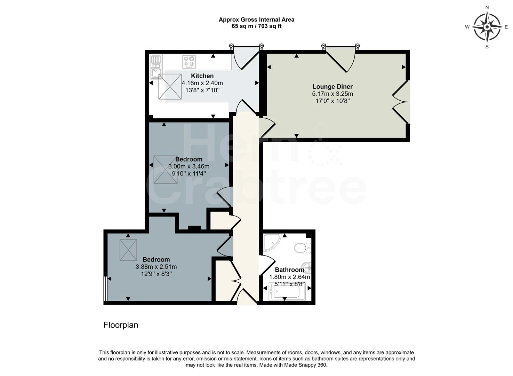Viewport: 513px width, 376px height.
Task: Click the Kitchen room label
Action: (x=202, y=76)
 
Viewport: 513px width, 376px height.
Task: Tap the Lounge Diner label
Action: (x=332, y=87)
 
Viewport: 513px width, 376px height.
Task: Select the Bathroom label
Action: (x=289, y=270)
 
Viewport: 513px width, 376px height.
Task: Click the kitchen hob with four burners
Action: (x=189, y=62)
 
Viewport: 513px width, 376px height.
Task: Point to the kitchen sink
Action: (x=156, y=66)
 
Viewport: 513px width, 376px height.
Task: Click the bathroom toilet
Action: (x=303, y=248)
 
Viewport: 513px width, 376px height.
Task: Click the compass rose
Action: (x=487, y=27)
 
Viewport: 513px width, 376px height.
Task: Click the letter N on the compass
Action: (x=487, y=7)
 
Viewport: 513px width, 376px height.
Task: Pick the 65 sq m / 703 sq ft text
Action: (x=256, y=26)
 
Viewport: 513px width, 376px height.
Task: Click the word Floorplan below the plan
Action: (x=121, y=325)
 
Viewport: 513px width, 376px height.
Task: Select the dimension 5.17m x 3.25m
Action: (x=332, y=94)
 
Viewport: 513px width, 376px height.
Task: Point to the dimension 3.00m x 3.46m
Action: (x=189, y=166)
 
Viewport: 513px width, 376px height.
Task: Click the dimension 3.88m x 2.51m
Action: (x=156, y=267)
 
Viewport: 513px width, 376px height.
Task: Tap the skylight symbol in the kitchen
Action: (x=170, y=86)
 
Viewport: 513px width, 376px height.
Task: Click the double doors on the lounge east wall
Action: (x=401, y=102)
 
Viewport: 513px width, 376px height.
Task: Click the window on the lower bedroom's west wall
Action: (x=105, y=289)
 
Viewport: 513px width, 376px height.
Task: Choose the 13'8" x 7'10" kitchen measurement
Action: (x=202, y=90)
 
